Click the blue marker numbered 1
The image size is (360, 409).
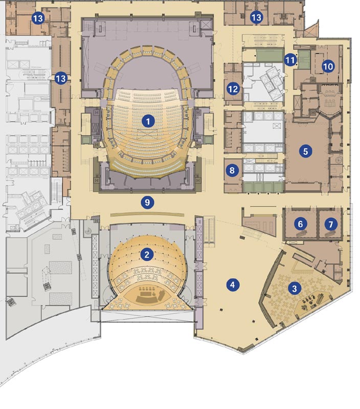click(x=148, y=121)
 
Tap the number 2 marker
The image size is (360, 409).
click(x=147, y=255)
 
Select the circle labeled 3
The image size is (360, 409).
click(x=295, y=288)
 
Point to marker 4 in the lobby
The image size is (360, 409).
click(x=233, y=285)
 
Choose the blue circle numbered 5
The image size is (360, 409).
click(x=305, y=151)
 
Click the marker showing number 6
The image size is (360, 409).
click(x=300, y=224)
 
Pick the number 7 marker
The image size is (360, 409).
click(x=331, y=224)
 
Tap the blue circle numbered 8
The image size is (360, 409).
click(x=232, y=171)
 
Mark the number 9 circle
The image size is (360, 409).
click(x=147, y=202)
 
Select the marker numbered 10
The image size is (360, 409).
click(x=328, y=66)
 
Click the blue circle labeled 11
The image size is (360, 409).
click(x=290, y=60)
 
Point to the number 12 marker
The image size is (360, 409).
click(x=233, y=89)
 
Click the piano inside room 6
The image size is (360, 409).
click(x=302, y=233)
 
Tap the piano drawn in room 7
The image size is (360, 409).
click(x=330, y=234)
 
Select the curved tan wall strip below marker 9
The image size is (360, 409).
click(x=147, y=214)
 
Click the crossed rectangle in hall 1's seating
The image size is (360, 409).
click(x=147, y=134)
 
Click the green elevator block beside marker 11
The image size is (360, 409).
click(x=303, y=59)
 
